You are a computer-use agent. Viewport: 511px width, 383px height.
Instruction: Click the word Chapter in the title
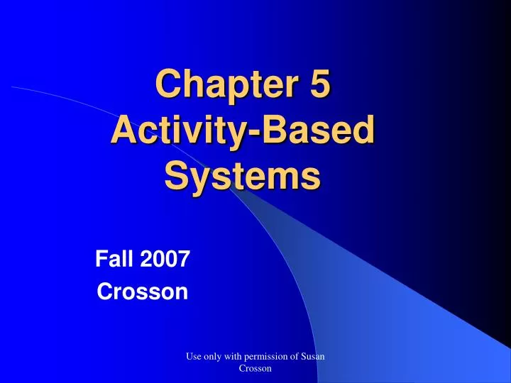pos(224,90)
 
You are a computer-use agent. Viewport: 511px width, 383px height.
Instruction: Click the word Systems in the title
pos(242,175)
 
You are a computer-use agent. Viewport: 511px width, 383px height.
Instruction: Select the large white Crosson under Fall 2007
pos(142,292)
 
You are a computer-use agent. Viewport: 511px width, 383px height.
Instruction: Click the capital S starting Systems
pos(175,175)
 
